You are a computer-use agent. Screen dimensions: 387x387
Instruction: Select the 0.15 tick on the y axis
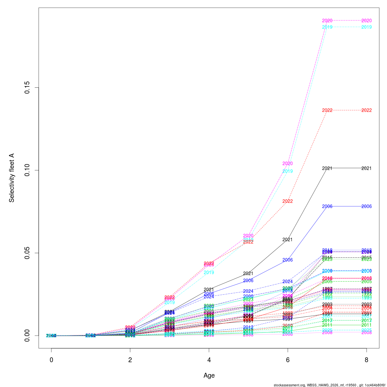coord(27,88)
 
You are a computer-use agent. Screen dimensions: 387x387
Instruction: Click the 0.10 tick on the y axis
coord(27,170)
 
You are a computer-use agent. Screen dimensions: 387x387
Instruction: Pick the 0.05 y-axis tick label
coord(27,253)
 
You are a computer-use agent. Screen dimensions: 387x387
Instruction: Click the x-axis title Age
coord(209,375)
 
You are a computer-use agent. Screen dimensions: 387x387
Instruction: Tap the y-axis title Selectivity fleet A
coord(12,178)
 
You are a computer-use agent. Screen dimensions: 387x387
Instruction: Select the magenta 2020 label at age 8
coord(367,21)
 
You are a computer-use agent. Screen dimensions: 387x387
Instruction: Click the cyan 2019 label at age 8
coord(367,27)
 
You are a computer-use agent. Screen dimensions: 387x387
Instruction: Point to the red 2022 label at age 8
coord(367,110)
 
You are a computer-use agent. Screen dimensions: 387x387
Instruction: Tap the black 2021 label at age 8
coord(367,168)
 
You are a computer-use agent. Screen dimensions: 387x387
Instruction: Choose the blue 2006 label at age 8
coord(367,206)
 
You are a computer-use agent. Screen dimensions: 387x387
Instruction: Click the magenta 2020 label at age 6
coord(288,164)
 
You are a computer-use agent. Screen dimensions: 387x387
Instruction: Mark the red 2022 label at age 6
coord(288,201)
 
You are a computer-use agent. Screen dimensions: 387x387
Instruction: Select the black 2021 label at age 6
coord(288,240)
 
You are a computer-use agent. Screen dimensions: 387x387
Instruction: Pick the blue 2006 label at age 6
coord(288,260)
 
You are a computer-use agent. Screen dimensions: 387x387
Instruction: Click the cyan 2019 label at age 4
coord(209,273)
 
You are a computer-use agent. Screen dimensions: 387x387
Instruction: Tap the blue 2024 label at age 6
coord(288,282)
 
